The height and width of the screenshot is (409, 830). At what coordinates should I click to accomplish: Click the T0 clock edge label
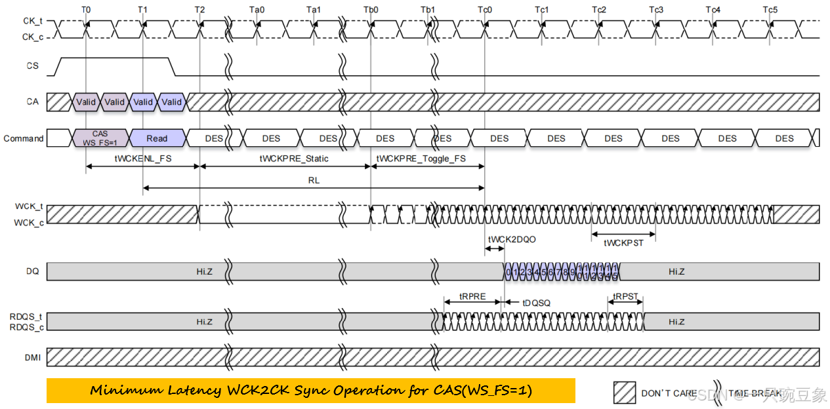click(x=86, y=10)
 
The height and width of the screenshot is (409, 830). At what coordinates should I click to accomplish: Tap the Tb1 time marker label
click(x=428, y=10)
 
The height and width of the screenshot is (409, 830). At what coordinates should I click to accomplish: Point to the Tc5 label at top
click(x=770, y=10)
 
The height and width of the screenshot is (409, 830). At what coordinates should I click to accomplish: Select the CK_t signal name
click(x=32, y=22)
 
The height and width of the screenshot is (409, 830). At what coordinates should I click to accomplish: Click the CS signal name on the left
click(x=32, y=66)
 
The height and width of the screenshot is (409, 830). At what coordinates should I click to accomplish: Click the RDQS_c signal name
click(x=26, y=326)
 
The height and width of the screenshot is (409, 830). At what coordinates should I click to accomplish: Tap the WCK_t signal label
click(x=29, y=206)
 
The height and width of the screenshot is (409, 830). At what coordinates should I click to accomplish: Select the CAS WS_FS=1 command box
click(x=100, y=138)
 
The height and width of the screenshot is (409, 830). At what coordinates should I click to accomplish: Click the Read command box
click(x=157, y=138)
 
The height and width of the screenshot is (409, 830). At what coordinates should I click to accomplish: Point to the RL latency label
click(x=314, y=180)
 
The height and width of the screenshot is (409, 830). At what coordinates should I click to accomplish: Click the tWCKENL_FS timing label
click(x=142, y=159)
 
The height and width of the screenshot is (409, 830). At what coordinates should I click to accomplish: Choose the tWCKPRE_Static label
click(x=294, y=159)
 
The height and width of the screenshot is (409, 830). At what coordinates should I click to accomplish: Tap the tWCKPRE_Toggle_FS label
click(x=421, y=159)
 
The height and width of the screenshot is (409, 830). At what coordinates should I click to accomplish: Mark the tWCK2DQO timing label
click(x=512, y=239)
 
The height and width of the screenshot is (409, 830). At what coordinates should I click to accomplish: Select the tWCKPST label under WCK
click(x=623, y=243)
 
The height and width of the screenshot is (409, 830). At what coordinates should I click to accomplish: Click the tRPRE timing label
click(x=472, y=296)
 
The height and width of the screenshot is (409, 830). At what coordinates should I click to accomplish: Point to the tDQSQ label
click(x=537, y=303)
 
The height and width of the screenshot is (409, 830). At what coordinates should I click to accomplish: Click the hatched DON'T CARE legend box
click(x=625, y=392)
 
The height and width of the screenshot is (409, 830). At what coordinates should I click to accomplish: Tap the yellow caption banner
click(x=310, y=391)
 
